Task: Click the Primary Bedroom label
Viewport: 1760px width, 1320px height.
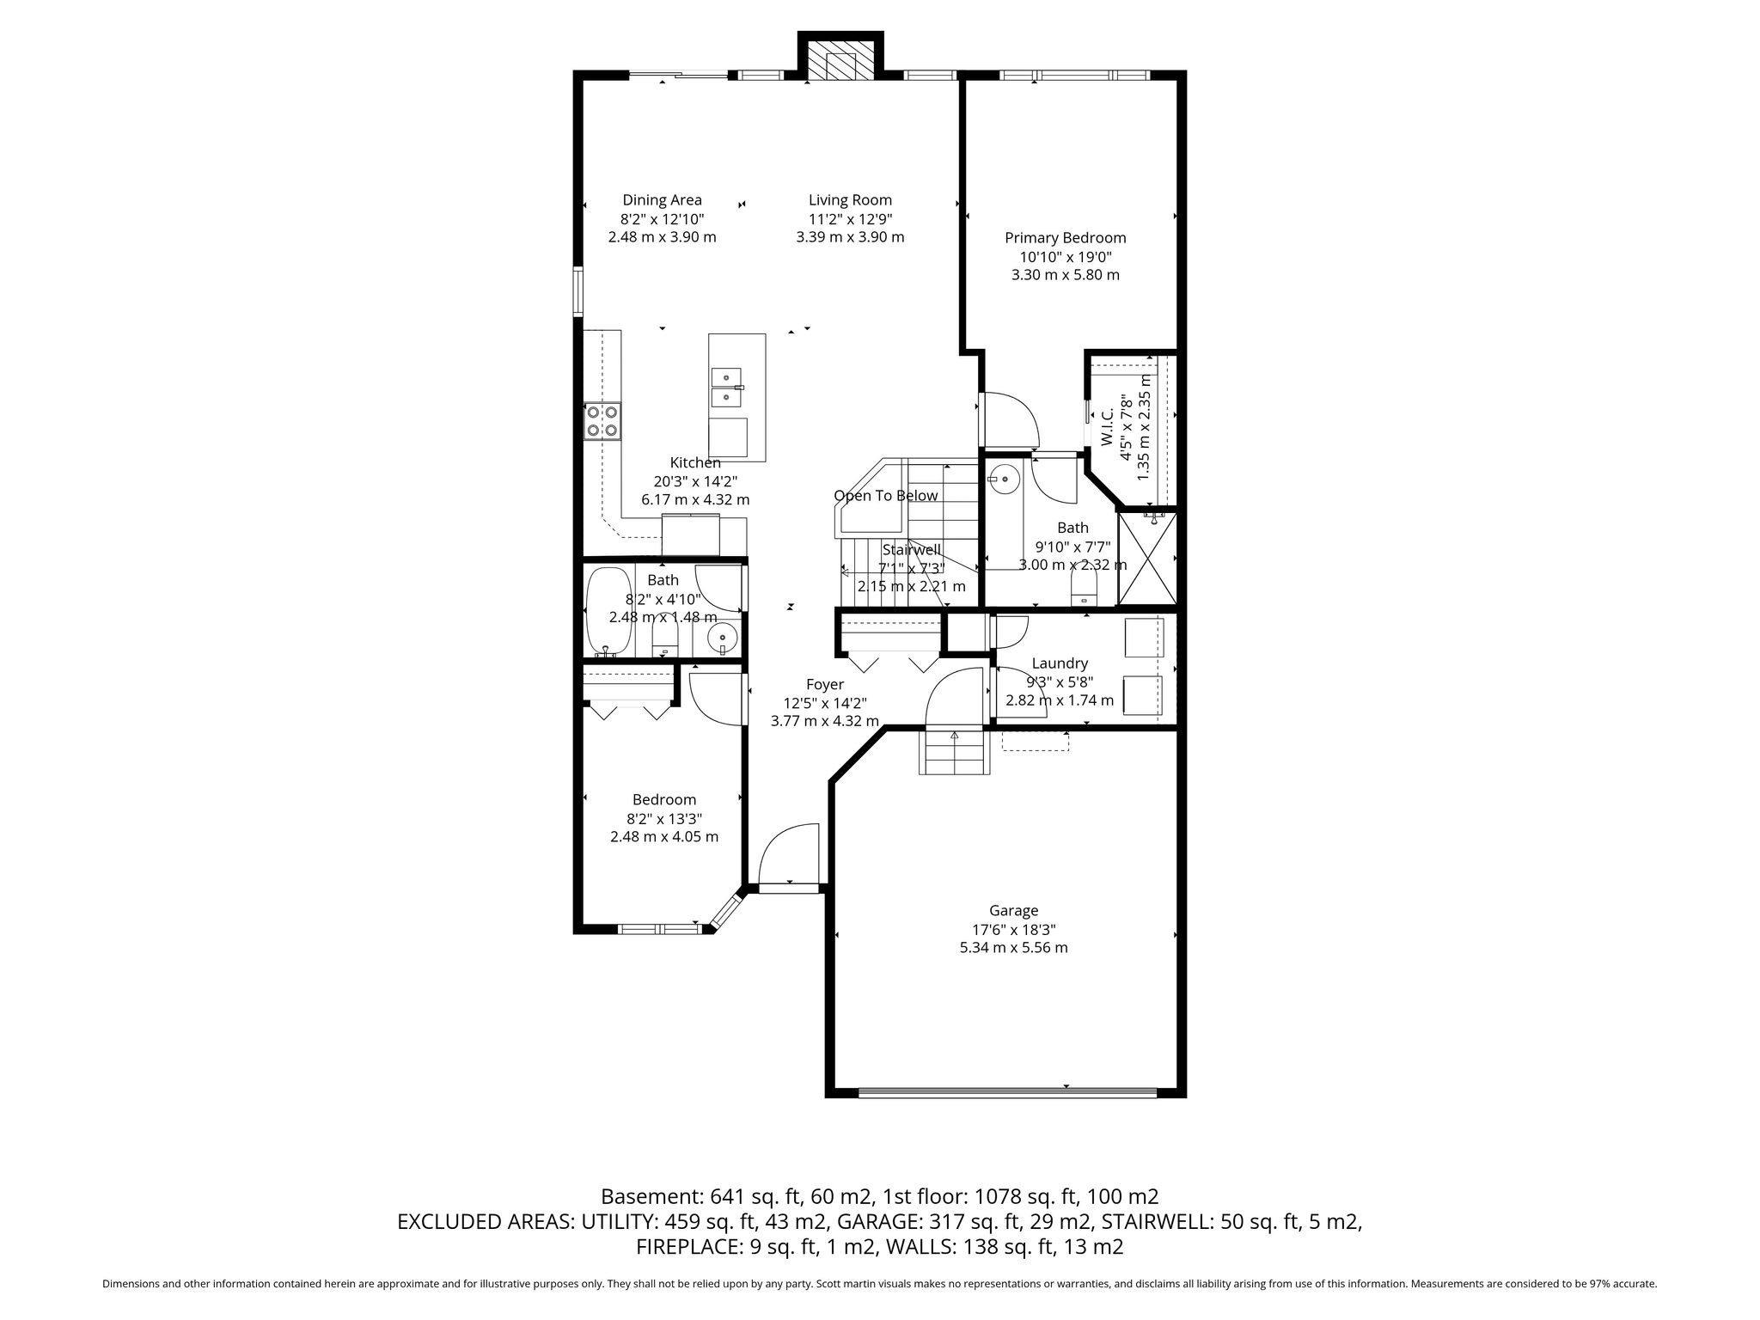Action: point(1065,238)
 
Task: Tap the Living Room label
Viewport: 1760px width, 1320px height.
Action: point(850,200)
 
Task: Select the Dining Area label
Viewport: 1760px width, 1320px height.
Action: point(662,200)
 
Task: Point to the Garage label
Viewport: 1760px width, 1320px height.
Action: point(1014,910)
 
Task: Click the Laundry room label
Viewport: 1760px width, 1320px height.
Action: point(1060,663)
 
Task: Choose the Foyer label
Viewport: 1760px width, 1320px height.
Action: point(824,684)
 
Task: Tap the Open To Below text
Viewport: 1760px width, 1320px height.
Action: point(886,496)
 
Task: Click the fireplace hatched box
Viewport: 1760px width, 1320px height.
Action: point(840,64)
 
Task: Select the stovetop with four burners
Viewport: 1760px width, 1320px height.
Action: point(602,421)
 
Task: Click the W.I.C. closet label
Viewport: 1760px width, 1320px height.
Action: point(1108,427)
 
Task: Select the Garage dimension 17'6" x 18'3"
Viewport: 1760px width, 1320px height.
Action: point(1014,929)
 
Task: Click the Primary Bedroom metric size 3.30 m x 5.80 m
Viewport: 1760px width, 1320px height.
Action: point(1066,275)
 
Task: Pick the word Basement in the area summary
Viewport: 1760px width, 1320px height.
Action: point(651,1196)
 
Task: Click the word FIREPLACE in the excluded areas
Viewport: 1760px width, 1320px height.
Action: point(684,1247)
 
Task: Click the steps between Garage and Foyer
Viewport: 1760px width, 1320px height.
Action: point(954,750)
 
